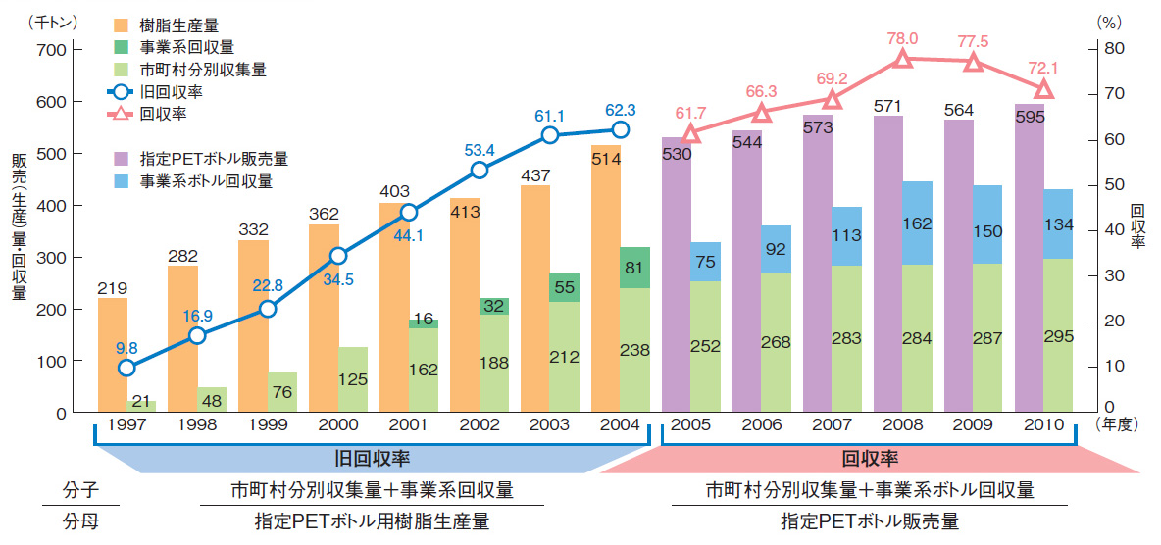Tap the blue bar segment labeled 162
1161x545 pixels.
(x=917, y=223)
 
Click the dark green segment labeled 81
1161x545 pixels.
(x=634, y=268)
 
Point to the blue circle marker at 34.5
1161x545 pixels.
(x=338, y=256)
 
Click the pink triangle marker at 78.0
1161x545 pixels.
(x=903, y=59)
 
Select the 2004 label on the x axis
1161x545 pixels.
(x=620, y=425)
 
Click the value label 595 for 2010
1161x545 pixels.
(x=1030, y=116)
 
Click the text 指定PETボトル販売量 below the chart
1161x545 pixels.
(x=869, y=520)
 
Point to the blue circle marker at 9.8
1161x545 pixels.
(x=126, y=369)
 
